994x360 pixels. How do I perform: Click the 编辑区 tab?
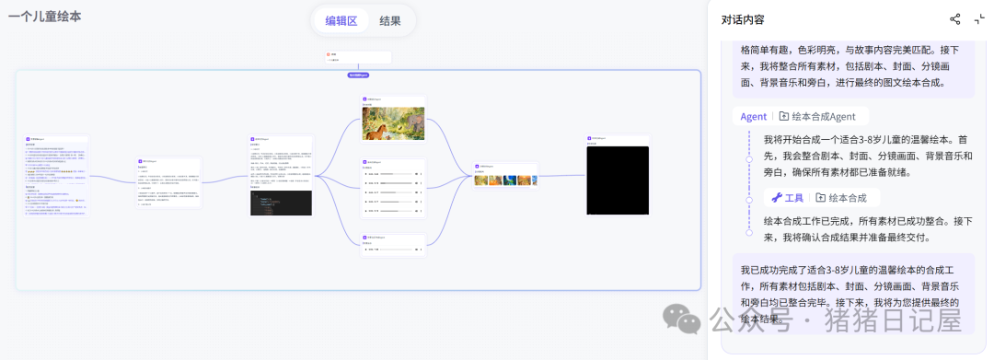(341, 20)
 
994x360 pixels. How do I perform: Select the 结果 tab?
(389, 20)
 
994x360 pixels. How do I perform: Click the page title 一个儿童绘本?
(44, 17)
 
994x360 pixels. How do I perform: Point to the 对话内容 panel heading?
(743, 19)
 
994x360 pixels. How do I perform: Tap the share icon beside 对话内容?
(954, 19)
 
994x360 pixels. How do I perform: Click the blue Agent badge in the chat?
(753, 116)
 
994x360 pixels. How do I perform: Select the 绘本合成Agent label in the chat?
(818, 116)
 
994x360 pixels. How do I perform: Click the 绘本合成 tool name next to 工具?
(841, 197)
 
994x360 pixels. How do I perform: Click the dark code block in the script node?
(281, 203)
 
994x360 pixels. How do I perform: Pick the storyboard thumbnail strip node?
(505, 180)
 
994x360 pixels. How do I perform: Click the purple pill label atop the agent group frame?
(358, 74)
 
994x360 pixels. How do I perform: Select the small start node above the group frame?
(358, 57)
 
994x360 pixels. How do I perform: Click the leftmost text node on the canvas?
(56, 175)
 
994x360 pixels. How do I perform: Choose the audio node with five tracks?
(393, 192)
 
